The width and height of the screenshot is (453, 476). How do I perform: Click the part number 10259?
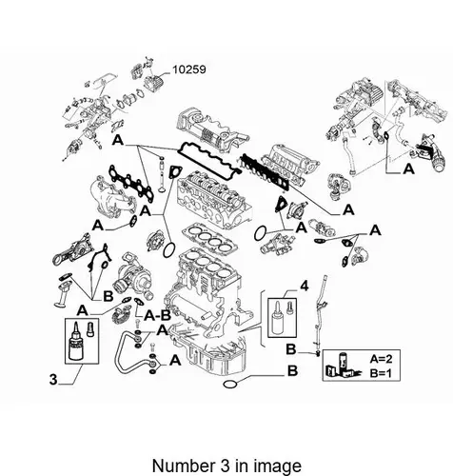189,69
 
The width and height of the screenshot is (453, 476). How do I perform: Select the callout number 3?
53,380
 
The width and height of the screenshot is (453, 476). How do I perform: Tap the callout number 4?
304,287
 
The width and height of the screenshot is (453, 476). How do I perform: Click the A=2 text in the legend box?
381,359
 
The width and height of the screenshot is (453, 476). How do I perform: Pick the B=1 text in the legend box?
381,373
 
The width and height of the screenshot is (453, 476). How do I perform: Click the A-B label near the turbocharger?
157,315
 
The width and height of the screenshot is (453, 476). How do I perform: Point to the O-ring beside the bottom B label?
230,385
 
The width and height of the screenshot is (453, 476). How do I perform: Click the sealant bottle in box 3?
75,342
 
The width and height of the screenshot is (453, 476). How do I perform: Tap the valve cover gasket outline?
207,158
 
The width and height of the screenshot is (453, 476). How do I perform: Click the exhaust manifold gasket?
131,183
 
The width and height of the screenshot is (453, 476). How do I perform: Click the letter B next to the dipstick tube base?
291,349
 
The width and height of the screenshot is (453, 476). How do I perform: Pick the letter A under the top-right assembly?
408,169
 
